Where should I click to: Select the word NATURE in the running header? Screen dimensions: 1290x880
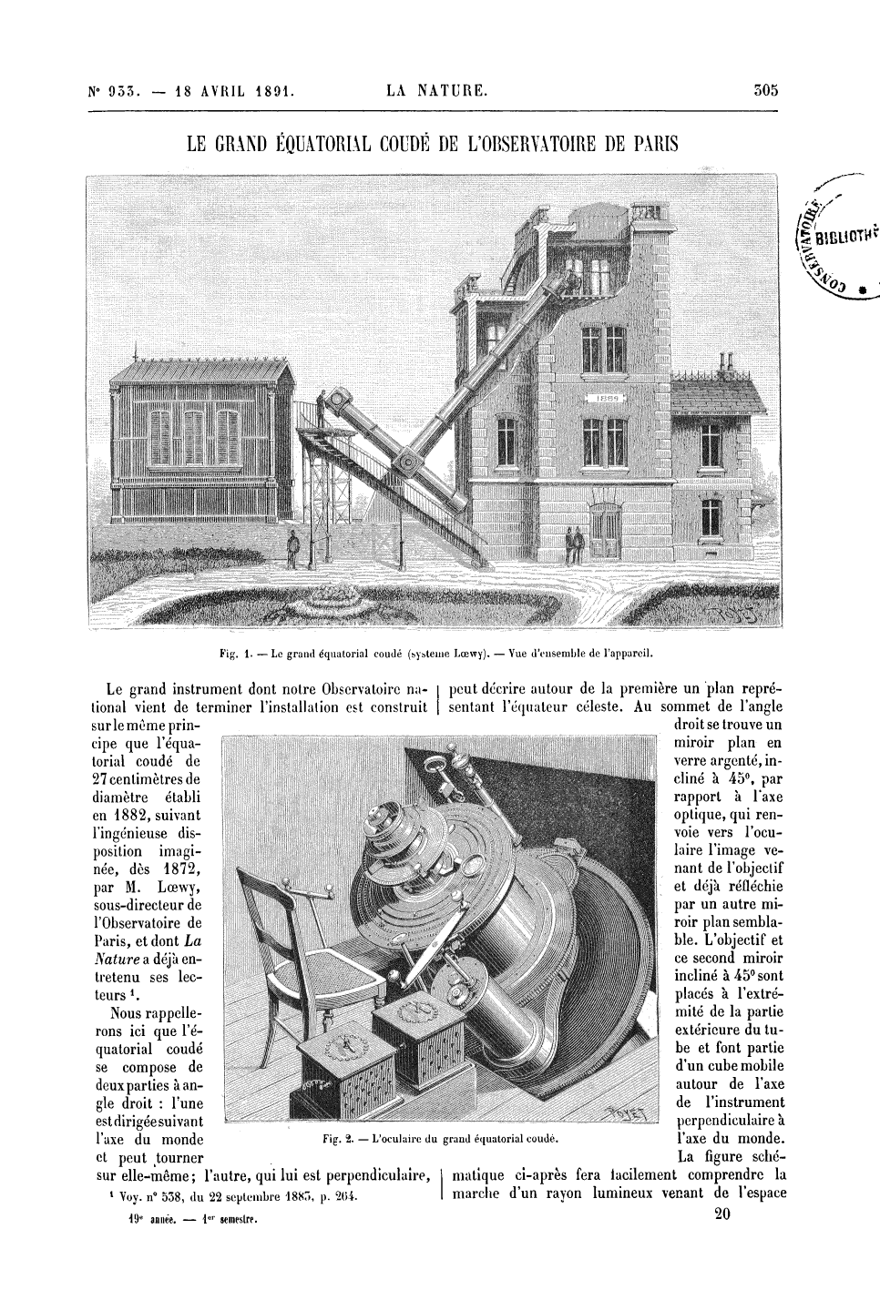[x=456, y=90]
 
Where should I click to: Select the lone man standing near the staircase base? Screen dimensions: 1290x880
[x=292, y=550]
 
